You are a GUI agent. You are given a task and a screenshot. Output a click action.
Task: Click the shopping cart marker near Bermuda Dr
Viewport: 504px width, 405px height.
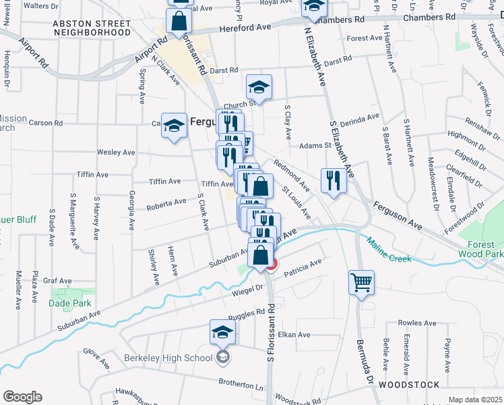[x=361, y=283]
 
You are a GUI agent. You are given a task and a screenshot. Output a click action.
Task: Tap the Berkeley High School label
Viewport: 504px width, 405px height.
[x=168, y=357]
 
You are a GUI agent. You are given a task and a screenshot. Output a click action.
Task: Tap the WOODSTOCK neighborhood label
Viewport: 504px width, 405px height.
[x=409, y=384]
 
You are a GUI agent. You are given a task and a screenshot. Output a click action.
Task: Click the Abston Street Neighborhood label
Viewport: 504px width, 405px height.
[x=92, y=28]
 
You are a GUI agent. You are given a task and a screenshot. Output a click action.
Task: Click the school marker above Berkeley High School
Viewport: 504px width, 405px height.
[x=222, y=332]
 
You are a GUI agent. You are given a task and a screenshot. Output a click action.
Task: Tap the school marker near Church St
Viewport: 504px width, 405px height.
[x=259, y=87]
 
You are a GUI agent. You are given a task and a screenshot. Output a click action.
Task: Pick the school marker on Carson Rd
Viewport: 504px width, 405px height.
[x=174, y=125]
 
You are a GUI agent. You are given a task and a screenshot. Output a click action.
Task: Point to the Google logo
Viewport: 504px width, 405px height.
[x=22, y=397]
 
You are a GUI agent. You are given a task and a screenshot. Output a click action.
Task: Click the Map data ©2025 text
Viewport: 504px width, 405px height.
[x=475, y=400]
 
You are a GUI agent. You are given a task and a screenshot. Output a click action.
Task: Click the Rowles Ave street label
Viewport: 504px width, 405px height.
[x=414, y=323]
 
